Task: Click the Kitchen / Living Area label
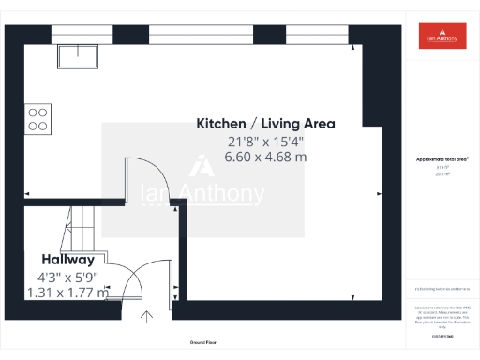click(265, 124)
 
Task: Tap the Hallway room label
click(67, 260)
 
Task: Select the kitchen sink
click(75, 56)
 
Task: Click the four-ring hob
click(37, 118)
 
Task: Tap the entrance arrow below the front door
click(146, 317)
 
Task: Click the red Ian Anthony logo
click(441, 36)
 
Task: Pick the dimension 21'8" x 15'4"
click(265, 142)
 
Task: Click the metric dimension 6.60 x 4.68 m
click(265, 157)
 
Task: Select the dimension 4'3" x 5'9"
click(67, 277)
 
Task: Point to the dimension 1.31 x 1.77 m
click(67, 292)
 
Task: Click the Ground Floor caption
click(203, 342)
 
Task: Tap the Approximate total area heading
click(441, 160)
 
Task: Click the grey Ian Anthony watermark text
click(202, 195)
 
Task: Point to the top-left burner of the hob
click(33, 112)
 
